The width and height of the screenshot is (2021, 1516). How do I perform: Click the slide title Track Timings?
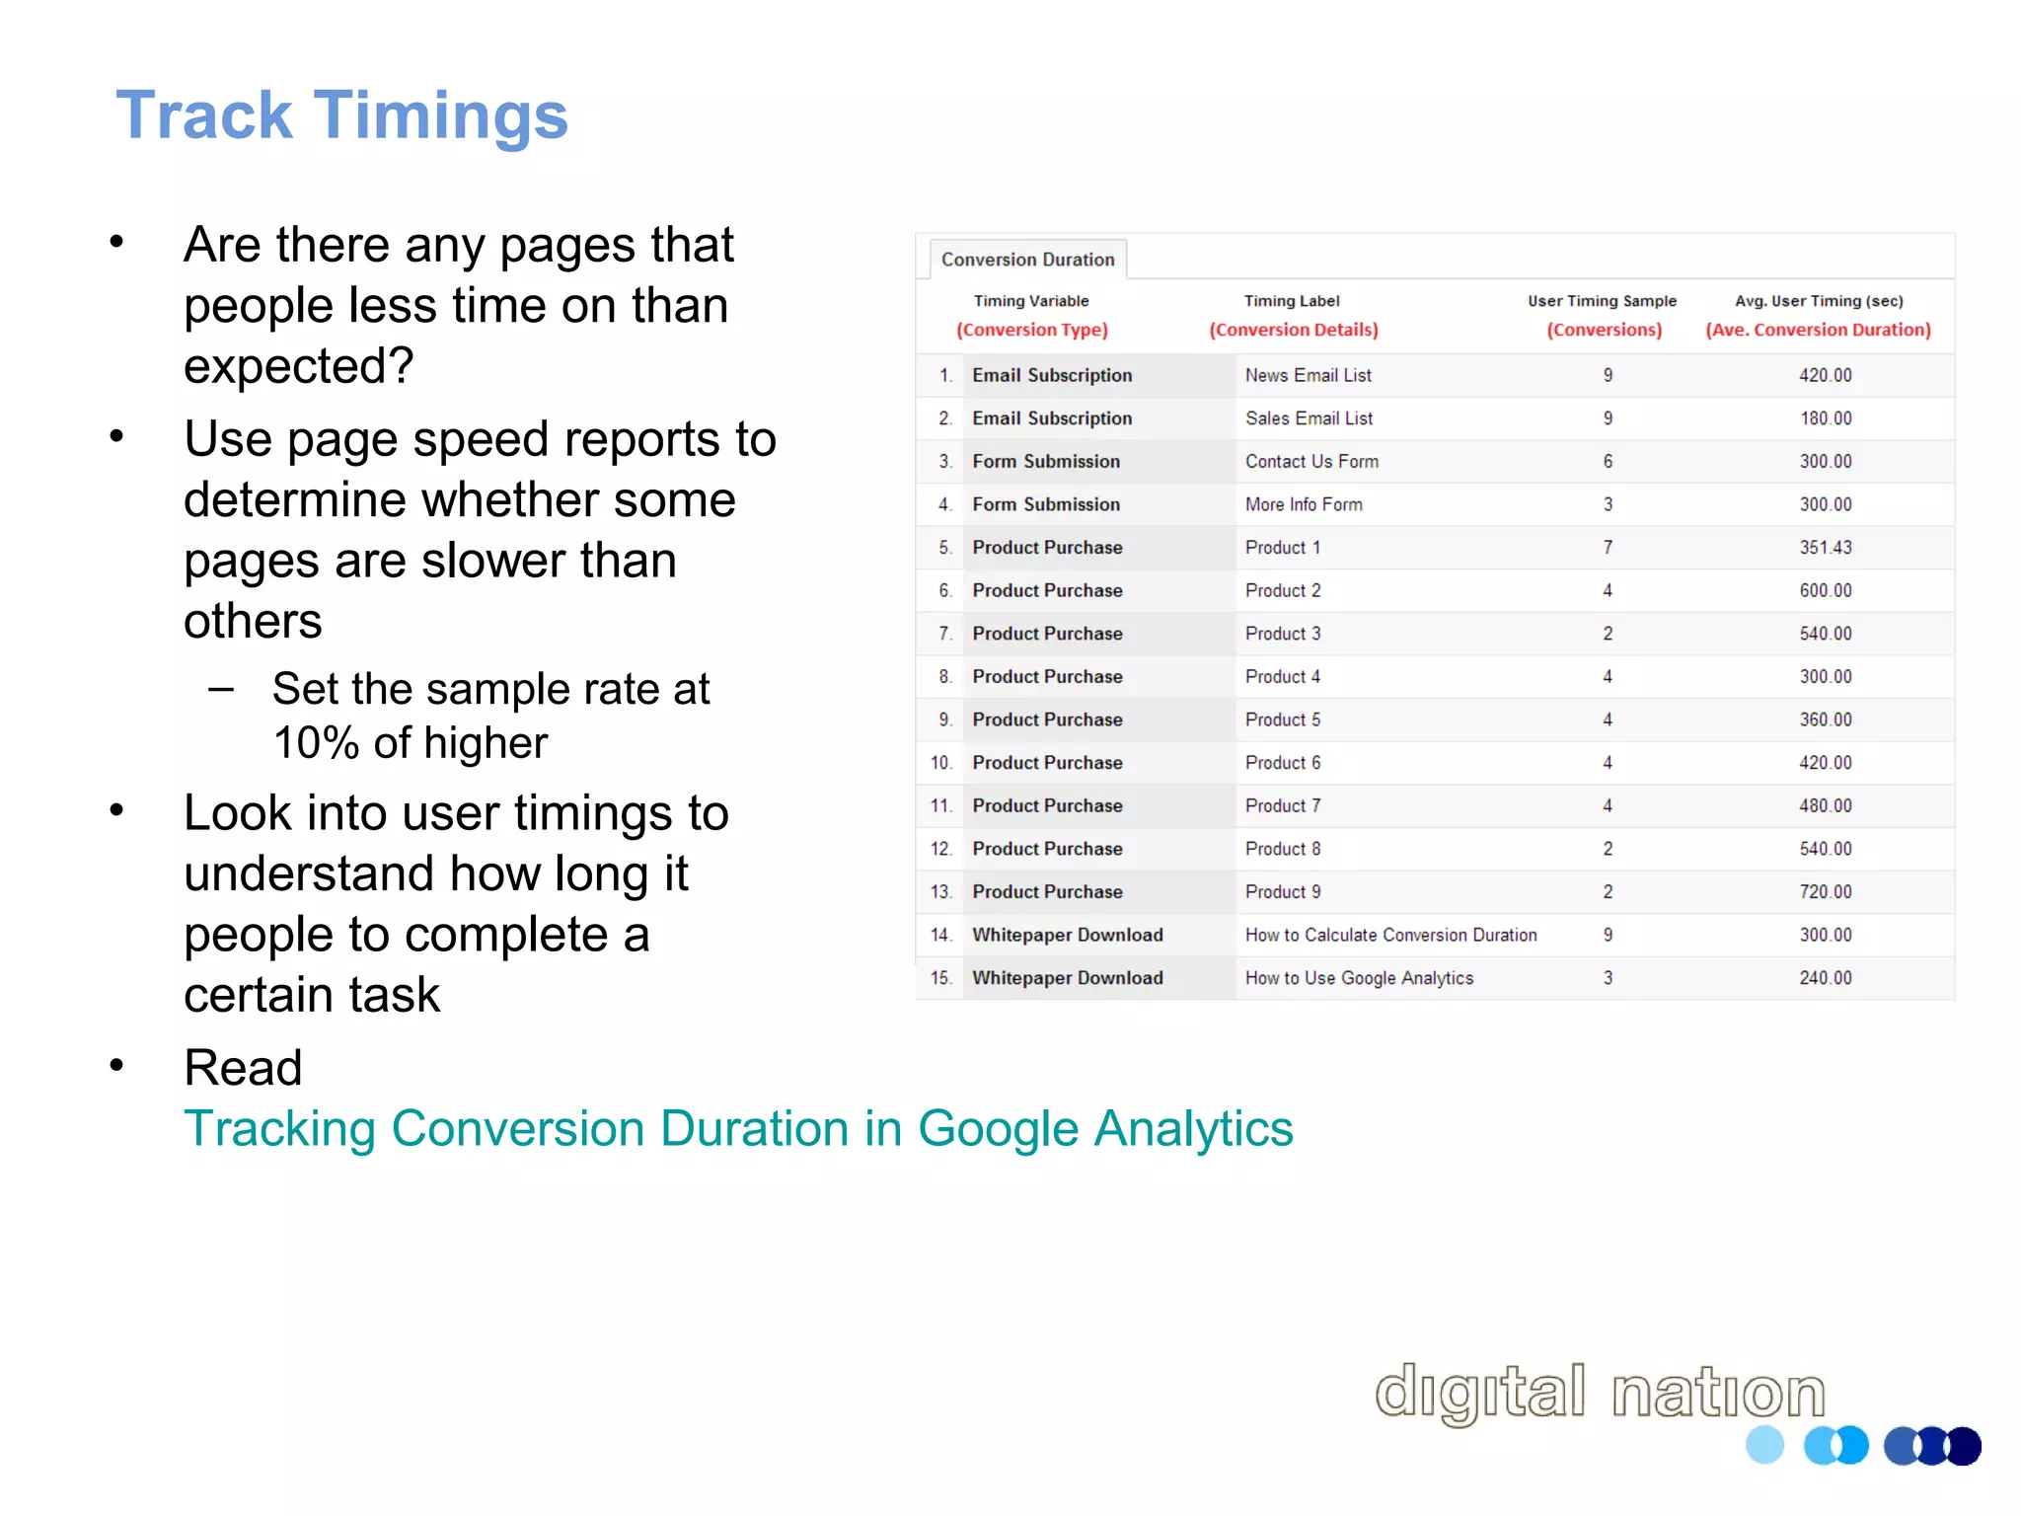[341, 115]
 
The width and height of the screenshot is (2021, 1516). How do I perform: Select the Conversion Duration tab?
[1027, 260]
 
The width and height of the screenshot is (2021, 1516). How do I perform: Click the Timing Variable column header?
[1031, 301]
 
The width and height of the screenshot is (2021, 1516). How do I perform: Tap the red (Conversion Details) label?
[1294, 330]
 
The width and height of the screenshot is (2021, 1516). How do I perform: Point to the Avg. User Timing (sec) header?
[1819, 301]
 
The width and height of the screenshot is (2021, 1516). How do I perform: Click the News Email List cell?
[1308, 375]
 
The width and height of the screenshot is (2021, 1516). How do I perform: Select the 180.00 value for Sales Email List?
[1826, 418]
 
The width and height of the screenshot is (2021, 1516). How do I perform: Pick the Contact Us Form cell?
[1311, 461]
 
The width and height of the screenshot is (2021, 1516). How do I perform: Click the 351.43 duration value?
[1826, 548]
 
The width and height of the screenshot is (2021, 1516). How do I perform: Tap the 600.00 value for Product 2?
[1826, 590]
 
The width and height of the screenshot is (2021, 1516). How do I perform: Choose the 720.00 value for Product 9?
[1826, 892]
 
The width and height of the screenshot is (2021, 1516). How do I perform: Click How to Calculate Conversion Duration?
[1390, 935]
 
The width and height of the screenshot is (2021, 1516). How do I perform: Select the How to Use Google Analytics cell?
[1359, 978]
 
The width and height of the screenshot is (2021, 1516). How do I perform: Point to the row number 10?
[940, 763]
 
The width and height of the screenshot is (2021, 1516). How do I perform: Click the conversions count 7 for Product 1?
[1608, 548]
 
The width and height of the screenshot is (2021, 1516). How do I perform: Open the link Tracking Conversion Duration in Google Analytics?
[738, 1128]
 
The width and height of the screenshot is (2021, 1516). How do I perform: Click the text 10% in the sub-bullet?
[316, 743]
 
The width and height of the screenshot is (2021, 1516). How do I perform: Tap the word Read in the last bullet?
[243, 1067]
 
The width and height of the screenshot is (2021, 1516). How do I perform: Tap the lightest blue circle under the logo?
[1764, 1445]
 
